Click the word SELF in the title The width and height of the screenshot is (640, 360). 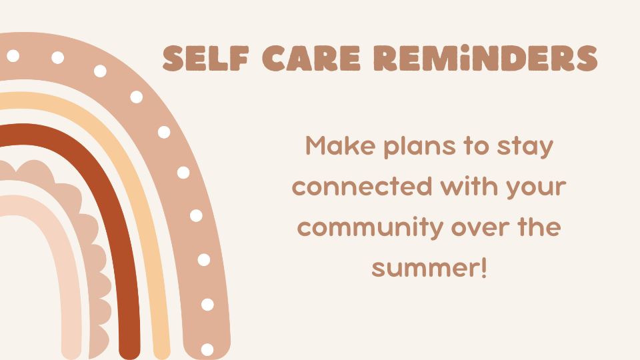coord(206,59)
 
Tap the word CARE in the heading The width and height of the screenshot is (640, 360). coord(311,59)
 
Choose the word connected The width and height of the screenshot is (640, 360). coord(362,187)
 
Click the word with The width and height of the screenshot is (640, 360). coord(469,186)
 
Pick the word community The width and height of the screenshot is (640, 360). coord(370,228)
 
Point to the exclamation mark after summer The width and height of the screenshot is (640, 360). coord(484,268)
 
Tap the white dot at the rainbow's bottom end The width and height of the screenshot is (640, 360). coord(207,349)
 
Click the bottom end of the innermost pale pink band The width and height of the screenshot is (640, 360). coord(71,353)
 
